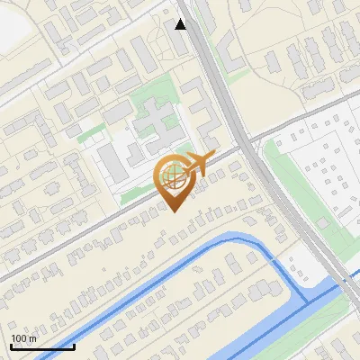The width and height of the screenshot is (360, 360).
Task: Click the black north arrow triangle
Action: [x=181, y=24]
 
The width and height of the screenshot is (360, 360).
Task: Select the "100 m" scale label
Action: [x=23, y=338]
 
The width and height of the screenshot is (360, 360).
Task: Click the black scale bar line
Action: [x=42, y=346]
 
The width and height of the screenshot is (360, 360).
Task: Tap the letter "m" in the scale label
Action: [x=32, y=338]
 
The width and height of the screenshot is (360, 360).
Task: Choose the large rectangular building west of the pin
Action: [x=113, y=163]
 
